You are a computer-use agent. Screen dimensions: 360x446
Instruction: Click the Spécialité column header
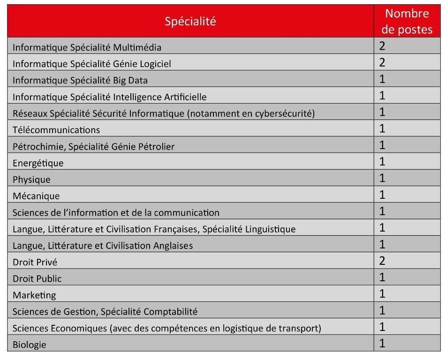point(190,21)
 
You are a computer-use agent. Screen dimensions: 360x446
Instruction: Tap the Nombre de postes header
point(407,22)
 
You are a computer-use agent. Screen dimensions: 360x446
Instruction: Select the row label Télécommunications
point(56,130)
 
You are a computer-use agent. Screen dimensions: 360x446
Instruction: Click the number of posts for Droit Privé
point(382,261)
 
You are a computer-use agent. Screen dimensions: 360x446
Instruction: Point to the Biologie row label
point(30,345)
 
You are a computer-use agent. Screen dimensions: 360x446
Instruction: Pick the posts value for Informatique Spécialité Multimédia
point(382,46)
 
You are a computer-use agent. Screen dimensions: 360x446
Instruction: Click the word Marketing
point(34,295)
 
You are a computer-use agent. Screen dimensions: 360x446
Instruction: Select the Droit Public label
point(37,278)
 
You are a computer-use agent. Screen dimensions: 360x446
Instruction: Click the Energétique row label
point(38,163)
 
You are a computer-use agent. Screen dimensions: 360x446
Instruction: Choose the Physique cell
point(31,180)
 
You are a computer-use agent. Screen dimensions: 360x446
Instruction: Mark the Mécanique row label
point(36,196)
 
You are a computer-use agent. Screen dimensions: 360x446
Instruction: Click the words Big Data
point(130,80)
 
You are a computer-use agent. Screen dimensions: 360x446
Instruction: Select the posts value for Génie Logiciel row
point(382,62)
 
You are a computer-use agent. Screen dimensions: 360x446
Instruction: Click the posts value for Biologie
point(382,344)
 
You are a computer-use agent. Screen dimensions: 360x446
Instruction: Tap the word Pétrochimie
point(38,147)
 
